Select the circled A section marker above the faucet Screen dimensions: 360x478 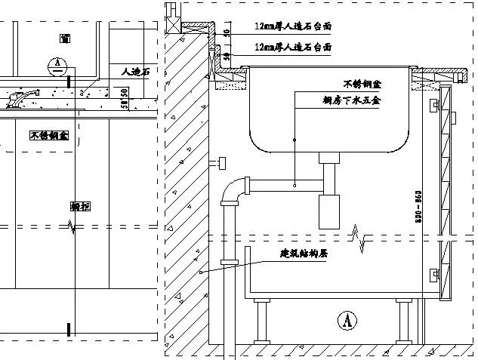55,65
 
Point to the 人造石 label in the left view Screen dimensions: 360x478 135,72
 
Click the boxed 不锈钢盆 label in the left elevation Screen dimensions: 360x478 49,136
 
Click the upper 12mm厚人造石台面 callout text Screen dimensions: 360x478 293,26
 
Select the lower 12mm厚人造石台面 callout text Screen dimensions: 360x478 293,47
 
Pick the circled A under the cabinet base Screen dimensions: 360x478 347,320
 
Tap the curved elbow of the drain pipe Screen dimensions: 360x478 235,189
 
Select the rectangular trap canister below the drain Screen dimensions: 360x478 330,212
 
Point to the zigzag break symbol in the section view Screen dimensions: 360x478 365,243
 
